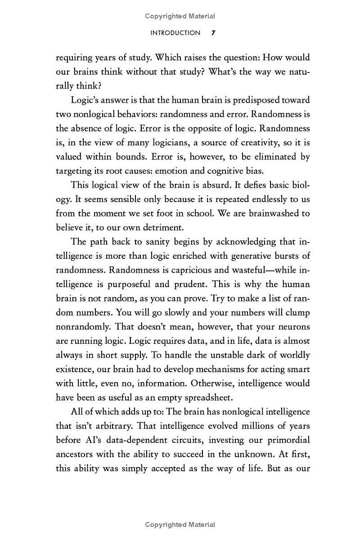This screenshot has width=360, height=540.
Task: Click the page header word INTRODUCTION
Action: tap(175, 33)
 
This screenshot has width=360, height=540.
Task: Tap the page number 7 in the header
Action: tap(213, 33)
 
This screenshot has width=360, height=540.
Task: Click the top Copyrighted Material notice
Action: tap(180, 16)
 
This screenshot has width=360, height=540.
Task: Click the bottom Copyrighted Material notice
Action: tap(180, 525)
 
